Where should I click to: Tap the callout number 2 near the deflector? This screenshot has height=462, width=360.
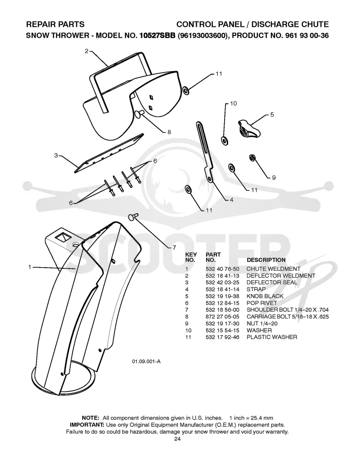click(x=86, y=51)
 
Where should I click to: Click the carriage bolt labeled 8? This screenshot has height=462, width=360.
click(x=140, y=114)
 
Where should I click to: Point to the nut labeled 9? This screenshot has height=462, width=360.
click(x=252, y=157)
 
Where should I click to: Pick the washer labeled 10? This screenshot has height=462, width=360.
click(x=225, y=140)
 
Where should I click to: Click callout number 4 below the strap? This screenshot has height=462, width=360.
click(x=231, y=200)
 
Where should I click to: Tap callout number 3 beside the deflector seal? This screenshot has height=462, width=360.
click(x=56, y=155)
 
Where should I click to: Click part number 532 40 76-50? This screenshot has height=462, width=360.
click(x=222, y=269)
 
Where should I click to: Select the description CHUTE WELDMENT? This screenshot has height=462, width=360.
click(x=273, y=269)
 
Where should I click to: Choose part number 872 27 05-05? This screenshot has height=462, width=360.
click(x=222, y=317)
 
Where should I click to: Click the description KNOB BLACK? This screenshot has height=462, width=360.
click(x=265, y=296)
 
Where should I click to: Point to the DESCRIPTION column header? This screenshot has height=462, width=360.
click(x=266, y=260)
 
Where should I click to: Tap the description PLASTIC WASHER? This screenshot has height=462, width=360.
click(x=272, y=337)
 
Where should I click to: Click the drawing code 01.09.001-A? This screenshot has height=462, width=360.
click(x=146, y=362)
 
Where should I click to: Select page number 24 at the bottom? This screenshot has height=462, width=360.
click(x=177, y=439)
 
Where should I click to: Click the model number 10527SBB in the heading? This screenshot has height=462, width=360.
click(x=157, y=36)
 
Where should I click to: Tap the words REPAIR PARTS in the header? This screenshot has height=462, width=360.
click(x=55, y=24)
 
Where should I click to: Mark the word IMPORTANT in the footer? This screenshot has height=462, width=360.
click(x=87, y=425)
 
